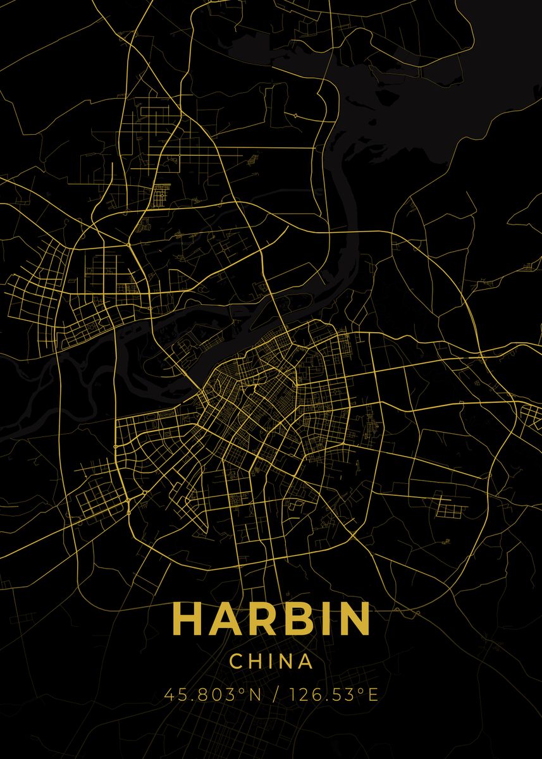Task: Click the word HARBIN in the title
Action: [x=271, y=619]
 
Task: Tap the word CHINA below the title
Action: [x=271, y=662]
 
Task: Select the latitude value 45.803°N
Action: [x=212, y=695]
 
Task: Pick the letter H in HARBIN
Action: [x=187, y=619]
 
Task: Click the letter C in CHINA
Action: [x=236, y=662]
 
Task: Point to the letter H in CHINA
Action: [x=255, y=662]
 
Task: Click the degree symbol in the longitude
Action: [x=361, y=691]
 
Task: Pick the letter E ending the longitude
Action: [x=373, y=695]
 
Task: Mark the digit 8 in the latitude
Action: [x=198, y=695]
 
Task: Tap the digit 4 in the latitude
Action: [x=169, y=695]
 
